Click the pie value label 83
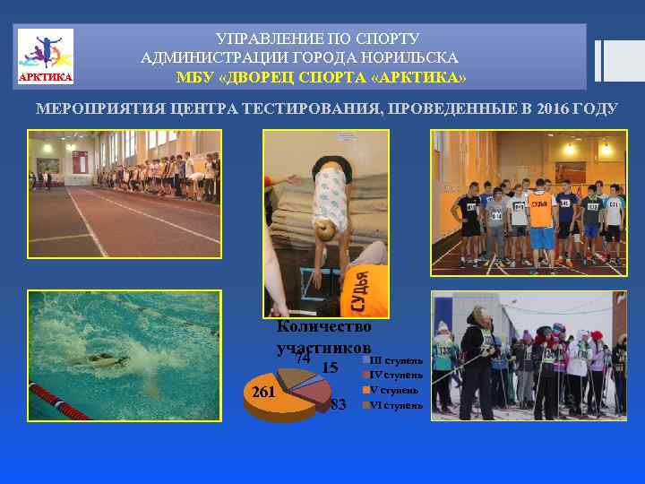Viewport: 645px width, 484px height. (339, 405)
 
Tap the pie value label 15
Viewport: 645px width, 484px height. (329, 367)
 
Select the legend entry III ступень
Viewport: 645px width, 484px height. (394, 360)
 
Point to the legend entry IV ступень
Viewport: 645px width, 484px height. (393, 375)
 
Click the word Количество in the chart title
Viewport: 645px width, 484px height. (324, 327)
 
